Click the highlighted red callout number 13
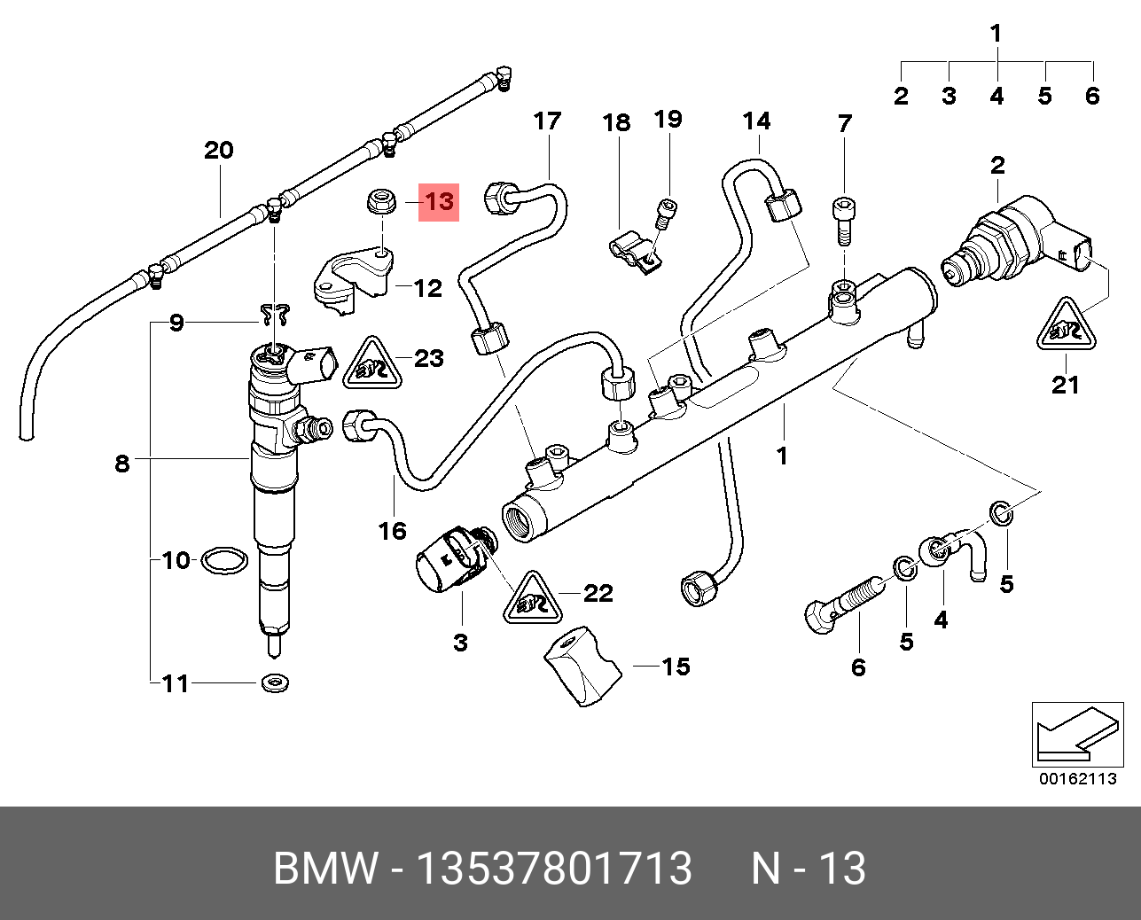(x=439, y=202)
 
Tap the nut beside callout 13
(x=382, y=202)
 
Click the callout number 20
(x=218, y=150)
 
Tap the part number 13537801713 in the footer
(x=553, y=869)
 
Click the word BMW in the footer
(x=325, y=869)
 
